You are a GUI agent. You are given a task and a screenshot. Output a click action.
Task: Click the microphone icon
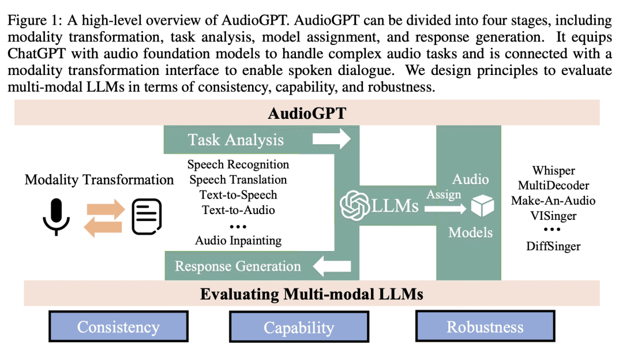[x=57, y=217]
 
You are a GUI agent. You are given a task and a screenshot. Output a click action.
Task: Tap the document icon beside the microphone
[x=147, y=217]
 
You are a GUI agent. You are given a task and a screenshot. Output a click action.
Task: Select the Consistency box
[x=118, y=327]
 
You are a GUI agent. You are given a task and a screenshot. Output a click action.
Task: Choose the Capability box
[x=299, y=327]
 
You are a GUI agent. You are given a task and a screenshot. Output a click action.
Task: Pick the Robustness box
[x=485, y=327]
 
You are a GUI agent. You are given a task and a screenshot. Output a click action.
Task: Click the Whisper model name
[x=553, y=171]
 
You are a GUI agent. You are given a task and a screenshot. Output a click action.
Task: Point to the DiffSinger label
[x=553, y=246]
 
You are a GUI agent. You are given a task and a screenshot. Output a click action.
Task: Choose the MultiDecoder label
[x=553, y=186]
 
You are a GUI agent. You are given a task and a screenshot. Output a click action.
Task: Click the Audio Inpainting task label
[x=238, y=240]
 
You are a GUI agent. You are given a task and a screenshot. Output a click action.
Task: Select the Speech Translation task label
[x=238, y=180]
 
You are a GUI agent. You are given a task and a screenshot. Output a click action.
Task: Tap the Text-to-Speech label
[x=238, y=195]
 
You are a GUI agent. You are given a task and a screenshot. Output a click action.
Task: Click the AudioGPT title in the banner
[x=307, y=112]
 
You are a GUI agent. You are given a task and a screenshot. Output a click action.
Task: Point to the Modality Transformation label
[x=99, y=180]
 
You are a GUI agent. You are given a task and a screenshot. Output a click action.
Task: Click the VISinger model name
[x=553, y=216]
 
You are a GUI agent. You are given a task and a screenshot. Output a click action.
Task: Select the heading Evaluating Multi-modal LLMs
[x=311, y=294]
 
